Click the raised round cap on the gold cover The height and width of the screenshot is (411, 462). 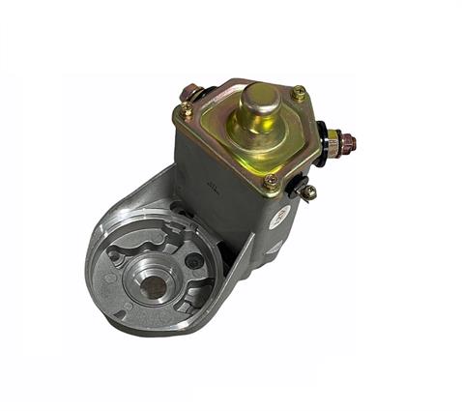[x=258, y=106]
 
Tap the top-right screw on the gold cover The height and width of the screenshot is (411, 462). [x=299, y=94]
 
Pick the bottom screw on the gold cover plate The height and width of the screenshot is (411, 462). [x=272, y=180]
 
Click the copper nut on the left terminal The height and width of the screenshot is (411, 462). [x=190, y=93]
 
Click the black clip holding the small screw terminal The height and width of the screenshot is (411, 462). [x=302, y=184]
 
